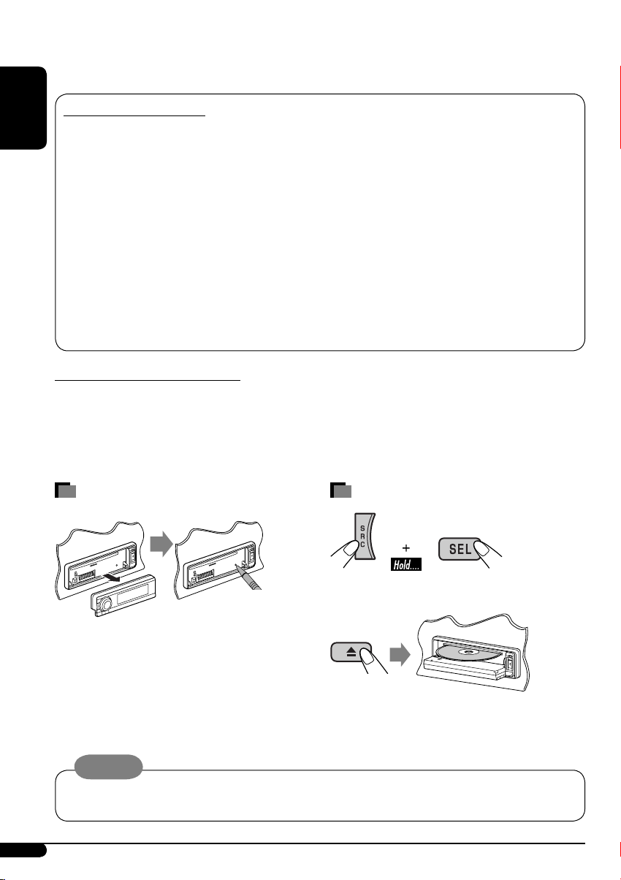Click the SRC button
tap(365, 536)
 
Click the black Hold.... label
tap(405, 565)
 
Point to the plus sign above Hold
tap(405, 547)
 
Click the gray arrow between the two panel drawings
tap(161, 544)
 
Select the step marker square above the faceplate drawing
tap(65, 490)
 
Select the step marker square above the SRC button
tap(340, 490)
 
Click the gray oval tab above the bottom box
tap(108, 767)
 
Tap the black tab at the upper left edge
tap(23, 108)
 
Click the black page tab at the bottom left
tap(23, 850)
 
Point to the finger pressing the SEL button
tap(488, 554)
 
